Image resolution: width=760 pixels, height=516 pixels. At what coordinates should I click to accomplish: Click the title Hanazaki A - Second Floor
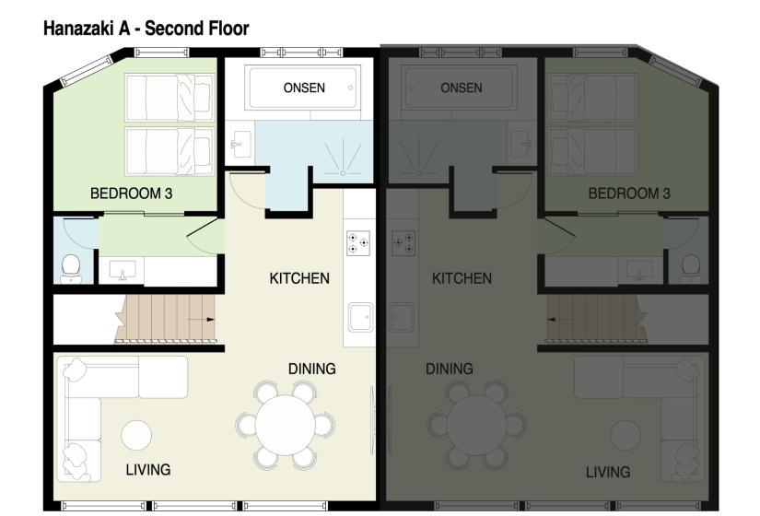coord(146,29)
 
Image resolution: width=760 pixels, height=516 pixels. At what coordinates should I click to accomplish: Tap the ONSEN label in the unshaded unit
coord(303,88)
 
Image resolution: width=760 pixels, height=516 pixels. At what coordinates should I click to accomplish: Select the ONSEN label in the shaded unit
coord(462,88)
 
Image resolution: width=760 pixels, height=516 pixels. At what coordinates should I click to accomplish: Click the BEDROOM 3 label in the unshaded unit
coord(131,194)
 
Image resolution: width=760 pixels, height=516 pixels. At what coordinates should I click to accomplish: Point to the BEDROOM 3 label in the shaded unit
coord(629,194)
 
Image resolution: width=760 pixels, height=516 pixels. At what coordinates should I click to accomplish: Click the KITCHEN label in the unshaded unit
coord(298,278)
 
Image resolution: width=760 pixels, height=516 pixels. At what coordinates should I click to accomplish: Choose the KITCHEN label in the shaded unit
coord(462,278)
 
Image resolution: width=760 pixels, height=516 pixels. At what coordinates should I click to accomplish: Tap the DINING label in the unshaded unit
coord(311,369)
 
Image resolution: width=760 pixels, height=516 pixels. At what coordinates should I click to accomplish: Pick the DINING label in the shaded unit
coord(449,369)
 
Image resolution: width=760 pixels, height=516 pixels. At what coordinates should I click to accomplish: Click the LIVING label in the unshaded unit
coord(148,470)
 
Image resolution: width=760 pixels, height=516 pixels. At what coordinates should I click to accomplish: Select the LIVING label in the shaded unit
coord(608,473)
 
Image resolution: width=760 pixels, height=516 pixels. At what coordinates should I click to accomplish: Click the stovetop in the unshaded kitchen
coord(358,243)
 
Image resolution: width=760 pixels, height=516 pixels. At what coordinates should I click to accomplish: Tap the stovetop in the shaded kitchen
coord(403,243)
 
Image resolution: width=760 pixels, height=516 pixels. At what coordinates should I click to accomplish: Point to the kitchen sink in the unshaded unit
coord(358,318)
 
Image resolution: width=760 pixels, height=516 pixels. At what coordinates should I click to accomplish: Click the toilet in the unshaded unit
coord(70,268)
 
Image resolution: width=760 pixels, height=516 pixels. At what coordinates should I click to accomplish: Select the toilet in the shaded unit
coord(690,268)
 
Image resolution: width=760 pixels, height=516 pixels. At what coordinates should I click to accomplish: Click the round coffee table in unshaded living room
coord(136,435)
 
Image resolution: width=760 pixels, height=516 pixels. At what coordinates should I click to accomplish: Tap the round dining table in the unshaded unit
coord(285,424)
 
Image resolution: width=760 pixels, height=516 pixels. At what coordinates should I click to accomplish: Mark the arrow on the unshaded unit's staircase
coord(195,318)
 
